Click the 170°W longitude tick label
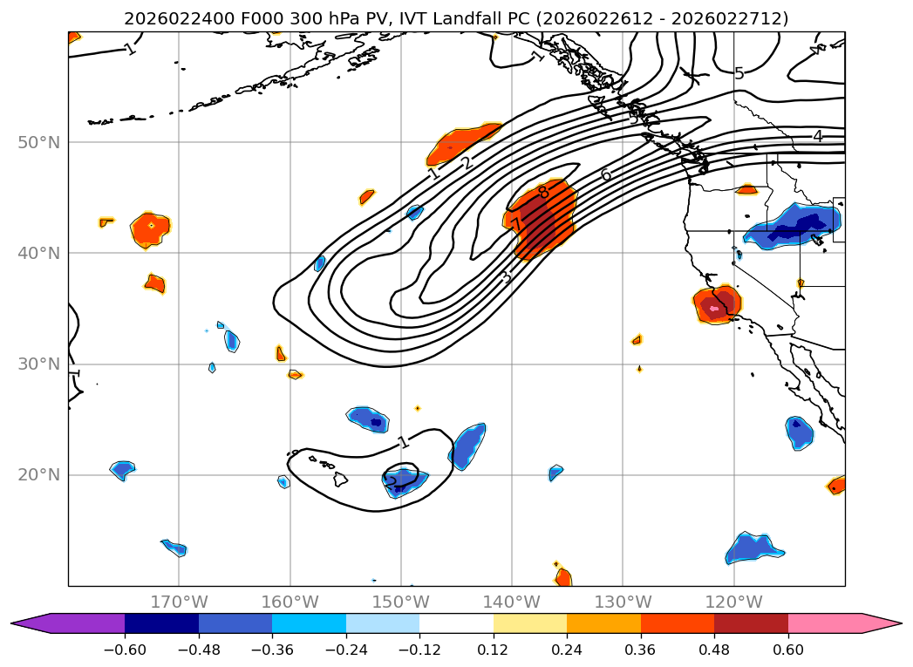[x=179, y=602]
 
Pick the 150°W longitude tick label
[x=400, y=602]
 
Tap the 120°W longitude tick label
[x=733, y=602]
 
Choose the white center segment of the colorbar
[x=456, y=623]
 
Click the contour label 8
[x=543, y=193]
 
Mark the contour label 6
[x=605, y=175]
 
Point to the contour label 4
[x=817, y=136]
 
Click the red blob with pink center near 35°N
[x=717, y=305]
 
